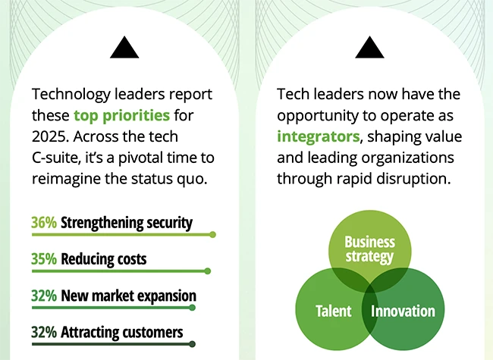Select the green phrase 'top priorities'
point(122,116)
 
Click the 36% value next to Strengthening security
point(44,223)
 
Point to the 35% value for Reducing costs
point(44,259)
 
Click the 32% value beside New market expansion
point(44,296)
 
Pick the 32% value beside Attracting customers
point(44,332)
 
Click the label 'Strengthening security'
point(126,223)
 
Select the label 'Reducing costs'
point(103,259)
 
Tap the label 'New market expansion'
point(128,296)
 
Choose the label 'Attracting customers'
point(121,332)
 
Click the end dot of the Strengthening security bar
point(212,235)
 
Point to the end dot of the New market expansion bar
point(193,307)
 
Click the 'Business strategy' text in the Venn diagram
point(369,249)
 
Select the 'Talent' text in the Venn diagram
point(333,311)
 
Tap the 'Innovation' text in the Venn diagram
point(404,311)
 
